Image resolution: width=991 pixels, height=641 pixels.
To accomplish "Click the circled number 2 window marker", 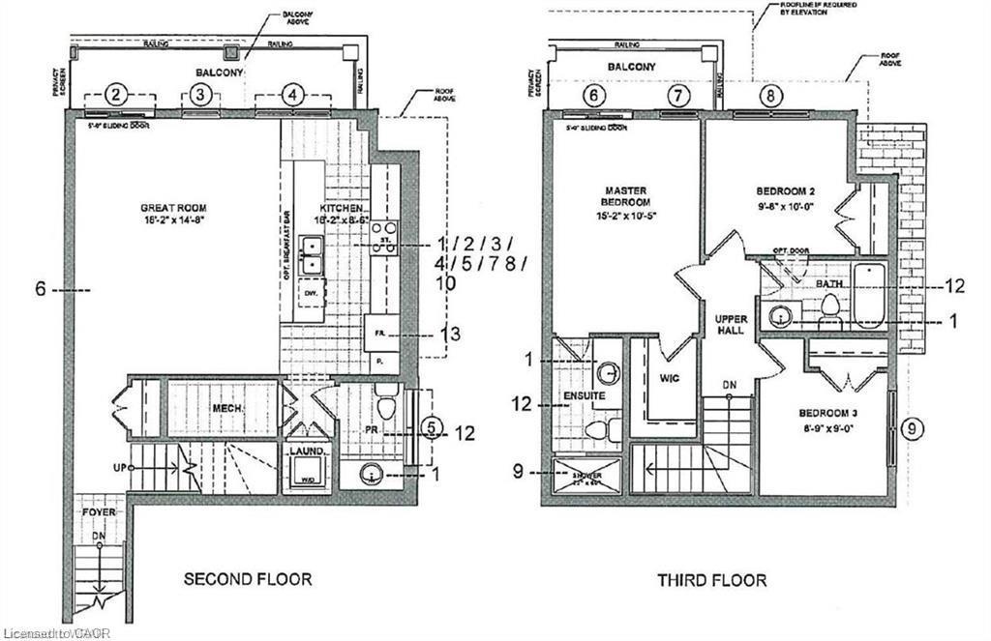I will pos(115,94).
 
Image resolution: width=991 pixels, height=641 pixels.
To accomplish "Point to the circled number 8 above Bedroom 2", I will pos(771,95).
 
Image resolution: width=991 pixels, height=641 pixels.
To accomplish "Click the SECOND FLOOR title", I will pos(248,579).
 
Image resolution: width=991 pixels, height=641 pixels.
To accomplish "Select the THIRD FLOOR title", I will pos(712,580).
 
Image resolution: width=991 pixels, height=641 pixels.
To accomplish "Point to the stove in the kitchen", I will pos(384,236).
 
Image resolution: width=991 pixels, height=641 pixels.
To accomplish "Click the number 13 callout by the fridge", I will pos(448,335).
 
